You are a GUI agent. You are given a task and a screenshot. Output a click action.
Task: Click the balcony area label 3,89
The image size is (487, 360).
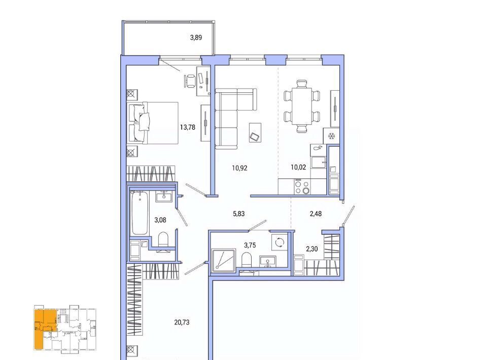point(196,38)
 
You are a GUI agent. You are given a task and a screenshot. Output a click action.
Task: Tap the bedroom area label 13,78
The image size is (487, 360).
point(188,127)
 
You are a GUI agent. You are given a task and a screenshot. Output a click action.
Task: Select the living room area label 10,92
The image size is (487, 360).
point(239,168)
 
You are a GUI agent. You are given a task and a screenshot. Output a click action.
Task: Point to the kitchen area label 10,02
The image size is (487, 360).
point(298,167)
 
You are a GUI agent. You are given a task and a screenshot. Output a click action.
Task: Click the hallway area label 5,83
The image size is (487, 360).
point(238,214)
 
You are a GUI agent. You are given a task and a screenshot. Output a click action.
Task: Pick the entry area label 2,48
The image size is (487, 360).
point(316,214)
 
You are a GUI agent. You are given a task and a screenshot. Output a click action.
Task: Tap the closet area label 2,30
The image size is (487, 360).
point(312,249)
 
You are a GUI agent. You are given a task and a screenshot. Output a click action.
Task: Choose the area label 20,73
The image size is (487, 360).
point(182,322)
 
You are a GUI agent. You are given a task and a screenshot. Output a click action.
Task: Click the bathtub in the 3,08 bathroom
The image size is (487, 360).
point(140,213)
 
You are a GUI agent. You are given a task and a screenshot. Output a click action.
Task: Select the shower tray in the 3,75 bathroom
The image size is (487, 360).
point(223,261)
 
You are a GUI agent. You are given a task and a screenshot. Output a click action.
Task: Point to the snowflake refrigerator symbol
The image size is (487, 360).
point(331,136)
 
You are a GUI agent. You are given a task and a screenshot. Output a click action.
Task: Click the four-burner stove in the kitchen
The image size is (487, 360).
point(302,187)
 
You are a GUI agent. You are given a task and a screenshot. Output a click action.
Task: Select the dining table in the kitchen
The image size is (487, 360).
point(301,106)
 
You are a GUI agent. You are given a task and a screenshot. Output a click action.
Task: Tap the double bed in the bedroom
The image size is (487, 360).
point(153,123)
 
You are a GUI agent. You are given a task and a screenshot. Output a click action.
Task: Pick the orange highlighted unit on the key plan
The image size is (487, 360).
point(42,329)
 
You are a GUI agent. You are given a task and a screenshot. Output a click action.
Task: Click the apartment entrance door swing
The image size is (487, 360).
point(348,216)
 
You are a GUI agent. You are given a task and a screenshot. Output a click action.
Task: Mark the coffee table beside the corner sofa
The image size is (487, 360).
point(255,132)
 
